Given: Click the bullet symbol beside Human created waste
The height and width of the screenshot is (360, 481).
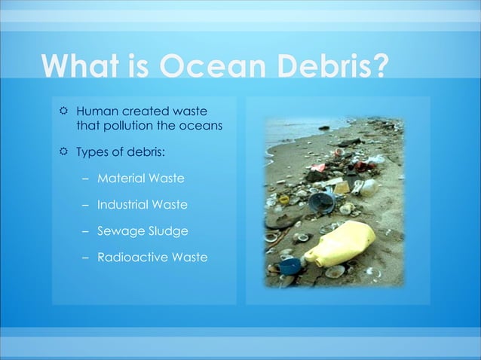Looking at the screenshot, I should (x=63, y=112).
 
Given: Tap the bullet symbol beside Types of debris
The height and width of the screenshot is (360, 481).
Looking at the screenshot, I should (x=63, y=152).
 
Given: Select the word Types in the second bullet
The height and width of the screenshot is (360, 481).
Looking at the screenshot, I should (x=92, y=152).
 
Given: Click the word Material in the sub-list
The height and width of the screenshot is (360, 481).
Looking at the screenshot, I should (x=123, y=178).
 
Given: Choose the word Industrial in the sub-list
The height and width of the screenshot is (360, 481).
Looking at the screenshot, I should (x=124, y=205).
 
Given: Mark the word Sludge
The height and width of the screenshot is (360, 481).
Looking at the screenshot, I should (x=167, y=231).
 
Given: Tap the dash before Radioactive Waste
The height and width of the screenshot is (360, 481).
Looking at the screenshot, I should (x=85, y=258).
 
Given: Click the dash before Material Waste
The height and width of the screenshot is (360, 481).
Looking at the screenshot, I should (x=85, y=178).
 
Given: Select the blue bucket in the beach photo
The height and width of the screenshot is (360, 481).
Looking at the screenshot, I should (x=323, y=203).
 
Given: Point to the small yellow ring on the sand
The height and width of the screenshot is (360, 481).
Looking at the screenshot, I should (x=284, y=200).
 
